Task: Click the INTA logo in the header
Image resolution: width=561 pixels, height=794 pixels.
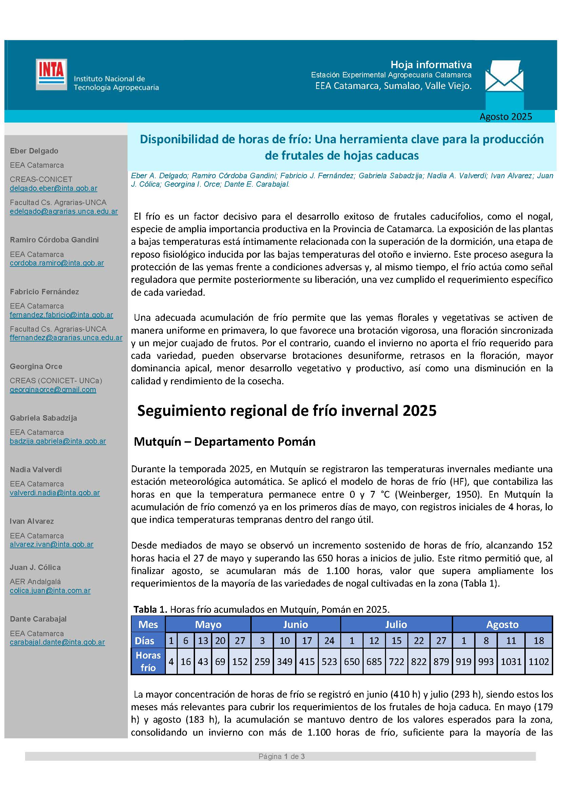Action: [51, 74]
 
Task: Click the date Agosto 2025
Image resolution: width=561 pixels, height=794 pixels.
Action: [505, 116]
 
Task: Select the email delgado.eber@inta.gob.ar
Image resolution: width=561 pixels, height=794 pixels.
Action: [54, 188]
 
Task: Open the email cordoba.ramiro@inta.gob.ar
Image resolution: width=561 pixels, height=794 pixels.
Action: [57, 263]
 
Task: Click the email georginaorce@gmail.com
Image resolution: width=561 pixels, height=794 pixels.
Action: [53, 390]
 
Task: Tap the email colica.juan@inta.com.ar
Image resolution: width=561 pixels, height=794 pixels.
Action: [50, 591]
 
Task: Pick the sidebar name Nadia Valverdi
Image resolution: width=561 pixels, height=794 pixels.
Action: [36, 469]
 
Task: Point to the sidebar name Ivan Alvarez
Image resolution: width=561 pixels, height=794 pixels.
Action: [32, 521]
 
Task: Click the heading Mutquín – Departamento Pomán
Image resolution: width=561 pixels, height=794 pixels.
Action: [225, 442]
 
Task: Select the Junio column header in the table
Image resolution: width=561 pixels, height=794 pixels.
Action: [295, 624]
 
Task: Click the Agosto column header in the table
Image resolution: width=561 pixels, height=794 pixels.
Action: [502, 624]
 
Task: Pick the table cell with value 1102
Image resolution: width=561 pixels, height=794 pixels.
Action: [539, 661]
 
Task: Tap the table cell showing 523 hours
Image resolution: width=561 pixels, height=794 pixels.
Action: [329, 661]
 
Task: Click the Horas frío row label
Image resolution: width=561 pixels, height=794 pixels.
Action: [148, 661]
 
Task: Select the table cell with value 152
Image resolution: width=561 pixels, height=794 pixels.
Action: [240, 661]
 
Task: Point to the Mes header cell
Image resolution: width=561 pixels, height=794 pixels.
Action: [148, 624]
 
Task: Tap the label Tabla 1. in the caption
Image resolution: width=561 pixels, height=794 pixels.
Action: [150, 609]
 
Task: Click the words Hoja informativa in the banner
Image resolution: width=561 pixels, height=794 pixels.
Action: [431, 65]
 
